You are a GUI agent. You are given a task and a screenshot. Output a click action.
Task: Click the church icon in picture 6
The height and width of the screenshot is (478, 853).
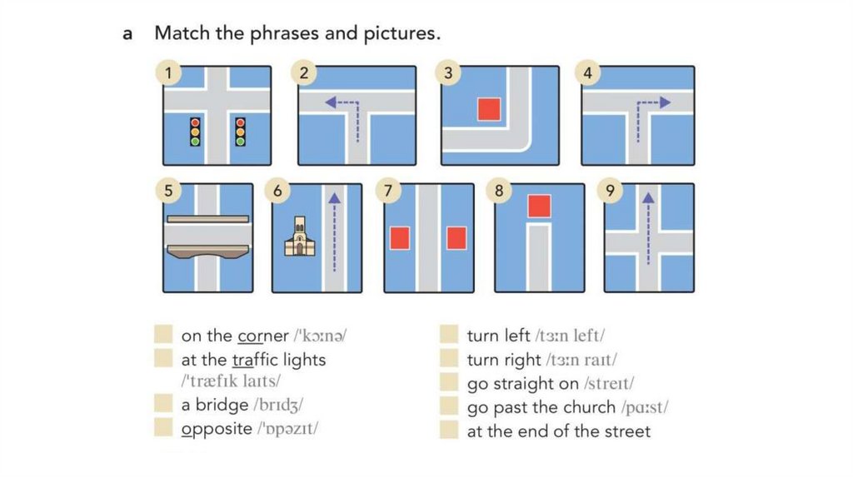[300, 237]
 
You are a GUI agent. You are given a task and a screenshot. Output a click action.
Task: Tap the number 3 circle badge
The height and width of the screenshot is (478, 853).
[447, 73]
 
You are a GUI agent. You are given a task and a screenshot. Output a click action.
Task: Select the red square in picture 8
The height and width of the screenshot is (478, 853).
[539, 206]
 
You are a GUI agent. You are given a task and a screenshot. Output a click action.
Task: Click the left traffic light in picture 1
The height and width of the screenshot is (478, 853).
[195, 132]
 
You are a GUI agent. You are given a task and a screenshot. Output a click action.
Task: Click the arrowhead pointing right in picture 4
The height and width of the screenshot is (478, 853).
[665, 102]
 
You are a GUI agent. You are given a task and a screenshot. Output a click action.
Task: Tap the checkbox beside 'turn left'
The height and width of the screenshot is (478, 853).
[449, 334]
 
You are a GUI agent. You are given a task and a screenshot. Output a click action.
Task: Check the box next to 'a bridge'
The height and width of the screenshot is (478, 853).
[163, 404]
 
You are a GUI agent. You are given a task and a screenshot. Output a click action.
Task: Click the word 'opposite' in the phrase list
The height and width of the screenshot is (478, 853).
[217, 429]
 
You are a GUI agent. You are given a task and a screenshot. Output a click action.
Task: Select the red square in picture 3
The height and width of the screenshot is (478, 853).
[489, 109]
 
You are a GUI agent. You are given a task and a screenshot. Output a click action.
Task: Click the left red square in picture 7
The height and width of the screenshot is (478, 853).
[400, 238]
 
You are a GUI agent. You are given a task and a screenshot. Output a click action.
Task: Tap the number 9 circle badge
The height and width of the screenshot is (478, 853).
[609, 191]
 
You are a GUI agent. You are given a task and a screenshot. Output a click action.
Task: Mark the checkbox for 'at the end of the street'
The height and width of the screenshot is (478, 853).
[449, 430]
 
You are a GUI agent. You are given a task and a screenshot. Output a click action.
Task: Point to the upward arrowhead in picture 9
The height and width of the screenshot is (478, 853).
[648, 198]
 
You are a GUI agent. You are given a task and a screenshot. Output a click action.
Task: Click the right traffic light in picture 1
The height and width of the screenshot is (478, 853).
[240, 132]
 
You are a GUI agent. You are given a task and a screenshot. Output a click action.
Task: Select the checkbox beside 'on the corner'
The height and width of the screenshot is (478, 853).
[163, 334]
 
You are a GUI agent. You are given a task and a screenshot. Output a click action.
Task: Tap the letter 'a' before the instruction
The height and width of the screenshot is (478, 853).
[127, 33]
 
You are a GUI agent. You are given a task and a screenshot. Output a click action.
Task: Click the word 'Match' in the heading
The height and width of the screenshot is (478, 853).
[182, 32]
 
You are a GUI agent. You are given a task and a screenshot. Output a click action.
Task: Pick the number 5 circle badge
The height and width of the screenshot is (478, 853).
[168, 191]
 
